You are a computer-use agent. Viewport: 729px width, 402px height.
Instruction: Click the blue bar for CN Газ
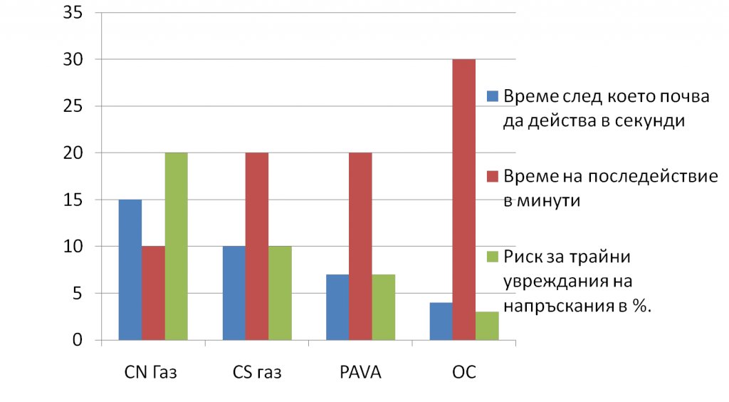[x=130, y=270]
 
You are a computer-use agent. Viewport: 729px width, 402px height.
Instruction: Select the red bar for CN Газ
[x=153, y=294]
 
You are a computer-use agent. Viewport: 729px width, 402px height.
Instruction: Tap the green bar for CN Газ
[x=176, y=247]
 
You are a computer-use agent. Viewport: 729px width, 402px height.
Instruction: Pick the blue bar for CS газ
[x=234, y=294]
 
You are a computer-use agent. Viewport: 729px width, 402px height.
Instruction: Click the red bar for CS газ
[x=257, y=247]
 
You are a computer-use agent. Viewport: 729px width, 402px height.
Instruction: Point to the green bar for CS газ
[x=280, y=294]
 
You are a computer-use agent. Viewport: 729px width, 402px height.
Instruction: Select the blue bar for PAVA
[x=337, y=307]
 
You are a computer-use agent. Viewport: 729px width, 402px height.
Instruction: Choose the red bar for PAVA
[x=360, y=247]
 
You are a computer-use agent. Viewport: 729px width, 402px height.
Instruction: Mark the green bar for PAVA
[x=383, y=307]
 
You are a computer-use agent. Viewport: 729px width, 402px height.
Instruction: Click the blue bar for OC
[x=441, y=321]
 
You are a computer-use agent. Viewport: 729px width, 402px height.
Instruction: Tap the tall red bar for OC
[x=464, y=200]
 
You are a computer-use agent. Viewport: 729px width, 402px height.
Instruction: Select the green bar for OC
[x=487, y=326]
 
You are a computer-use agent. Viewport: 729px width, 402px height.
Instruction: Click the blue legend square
[x=492, y=96]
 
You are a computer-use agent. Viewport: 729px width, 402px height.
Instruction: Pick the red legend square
[x=492, y=175]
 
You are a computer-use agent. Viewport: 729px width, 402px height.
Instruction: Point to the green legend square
[x=492, y=255]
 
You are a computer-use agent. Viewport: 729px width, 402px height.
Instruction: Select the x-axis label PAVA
[x=360, y=373]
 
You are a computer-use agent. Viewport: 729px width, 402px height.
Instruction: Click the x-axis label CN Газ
[x=152, y=373]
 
